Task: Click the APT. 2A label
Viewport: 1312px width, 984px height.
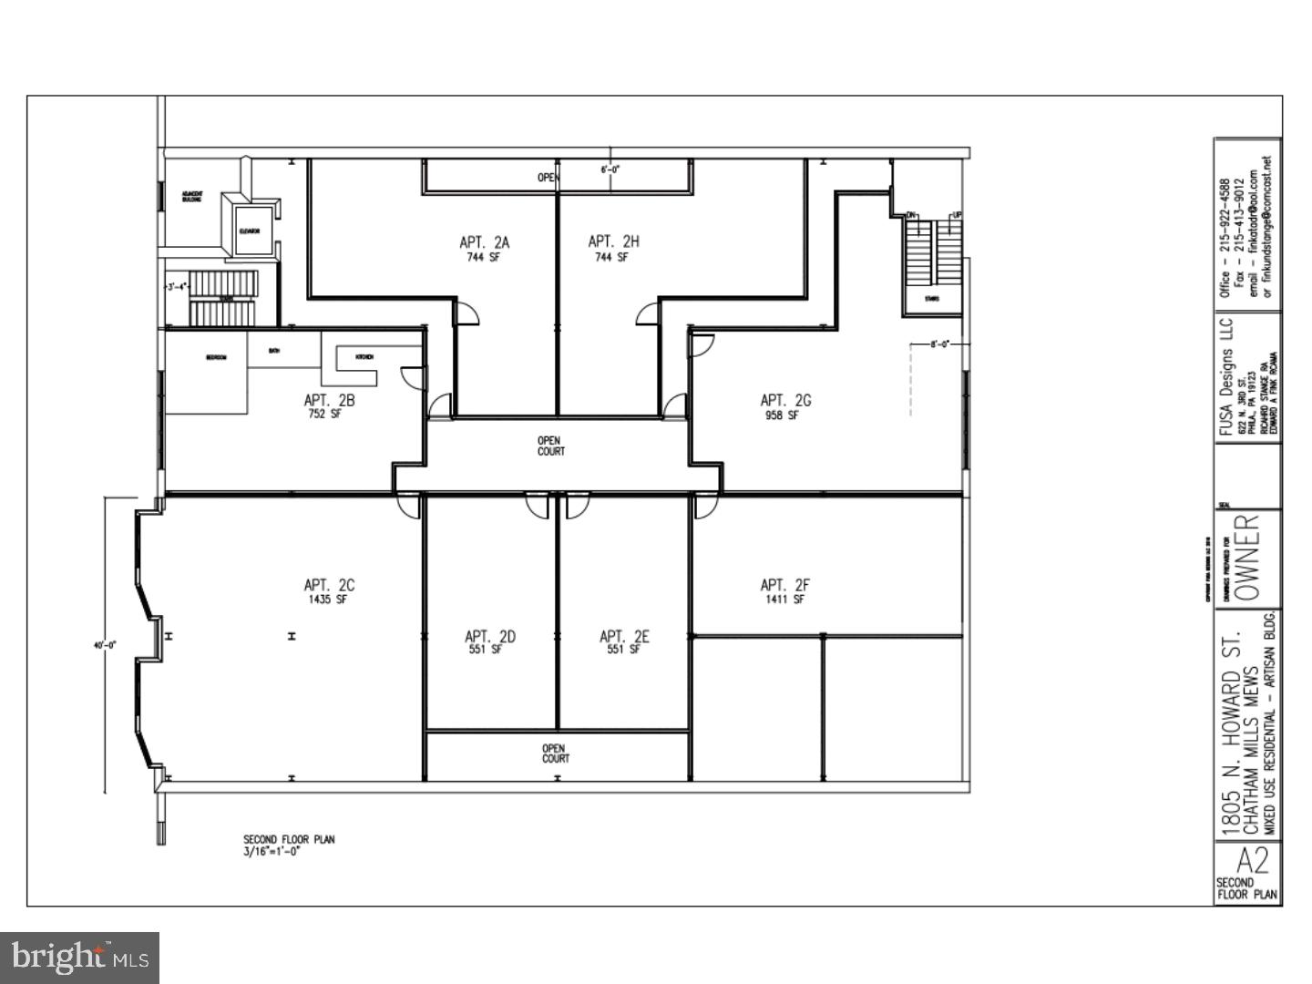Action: click(x=484, y=242)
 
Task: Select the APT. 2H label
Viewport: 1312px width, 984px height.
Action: click(x=613, y=241)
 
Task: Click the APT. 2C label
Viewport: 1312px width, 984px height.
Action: click(x=329, y=585)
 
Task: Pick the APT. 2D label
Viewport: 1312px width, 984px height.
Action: click(x=489, y=637)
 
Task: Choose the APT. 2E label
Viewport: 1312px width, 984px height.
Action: click(x=624, y=637)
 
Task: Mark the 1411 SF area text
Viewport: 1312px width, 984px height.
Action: click(x=784, y=600)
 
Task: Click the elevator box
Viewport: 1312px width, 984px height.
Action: click(x=250, y=231)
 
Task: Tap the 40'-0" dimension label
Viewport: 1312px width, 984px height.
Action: click(x=106, y=646)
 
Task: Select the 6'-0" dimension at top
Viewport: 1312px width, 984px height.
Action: click(x=610, y=169)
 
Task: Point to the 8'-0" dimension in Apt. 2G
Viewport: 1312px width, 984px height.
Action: click(x=939, y=345)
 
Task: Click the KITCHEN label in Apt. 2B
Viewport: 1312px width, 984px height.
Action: click(x=364, y=356)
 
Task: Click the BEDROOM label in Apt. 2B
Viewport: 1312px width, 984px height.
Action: click(x=217, y=357)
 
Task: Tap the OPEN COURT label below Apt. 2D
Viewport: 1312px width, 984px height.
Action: click(x=556, y=753)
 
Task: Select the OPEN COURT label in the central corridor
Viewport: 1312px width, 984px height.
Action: click(x=550, y=446)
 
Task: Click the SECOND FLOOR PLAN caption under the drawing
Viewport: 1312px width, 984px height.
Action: click(x=288, y=839)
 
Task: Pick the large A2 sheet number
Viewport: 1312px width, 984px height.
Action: click(x=1252, y=861)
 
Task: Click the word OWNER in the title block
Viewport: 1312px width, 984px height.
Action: click(x=1249, y=557)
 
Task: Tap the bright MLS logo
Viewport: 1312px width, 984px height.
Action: click(x=80, y=958)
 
